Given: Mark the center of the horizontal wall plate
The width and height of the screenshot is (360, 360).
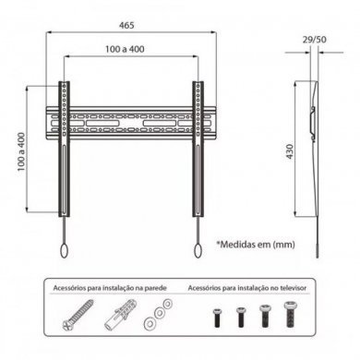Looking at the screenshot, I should point(130,120).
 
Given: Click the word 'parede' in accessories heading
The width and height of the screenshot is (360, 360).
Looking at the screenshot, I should point(157,288).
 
